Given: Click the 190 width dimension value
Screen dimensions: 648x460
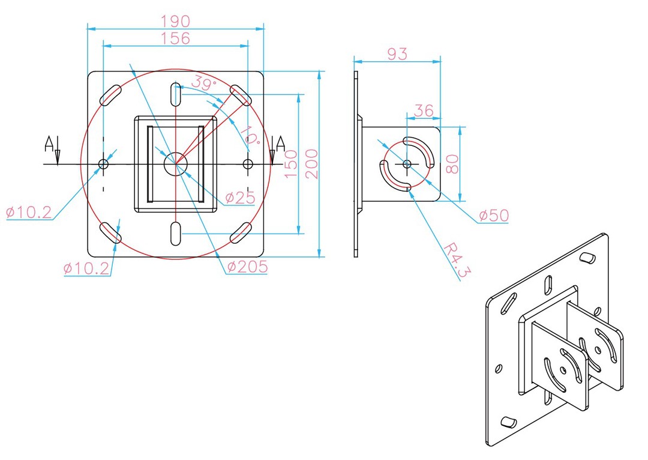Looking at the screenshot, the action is coord(175,21).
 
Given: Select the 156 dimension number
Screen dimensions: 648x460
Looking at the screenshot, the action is coord(175,38).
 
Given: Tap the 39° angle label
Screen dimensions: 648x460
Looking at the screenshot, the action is coord(204,83).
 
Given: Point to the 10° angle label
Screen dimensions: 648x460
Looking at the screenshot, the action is coord(250,135).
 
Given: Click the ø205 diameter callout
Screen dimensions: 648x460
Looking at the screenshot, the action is coord(248,267).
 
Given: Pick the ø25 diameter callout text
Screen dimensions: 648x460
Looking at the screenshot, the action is coord(241,198).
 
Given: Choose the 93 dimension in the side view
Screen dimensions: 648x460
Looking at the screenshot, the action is coord(397,54).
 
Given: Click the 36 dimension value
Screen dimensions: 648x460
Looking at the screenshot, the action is coord(424,110).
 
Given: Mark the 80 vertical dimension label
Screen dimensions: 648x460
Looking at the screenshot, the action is coord(452,164).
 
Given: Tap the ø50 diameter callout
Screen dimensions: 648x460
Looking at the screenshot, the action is coord(494,215).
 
